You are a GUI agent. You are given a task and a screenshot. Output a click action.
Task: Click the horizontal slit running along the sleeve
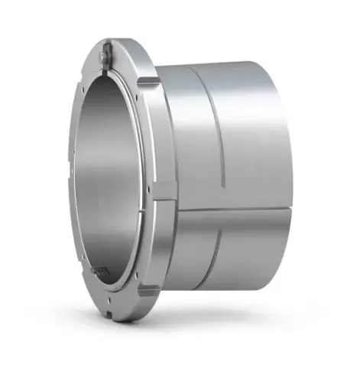click(x=229, y=212)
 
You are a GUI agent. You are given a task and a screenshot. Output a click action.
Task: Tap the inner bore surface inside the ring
click(x=115, y=183)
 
